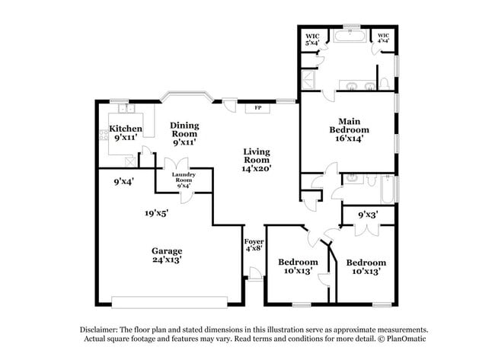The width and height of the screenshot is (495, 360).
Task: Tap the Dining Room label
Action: pos(184,133)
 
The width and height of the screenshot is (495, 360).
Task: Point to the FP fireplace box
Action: pos(258,108)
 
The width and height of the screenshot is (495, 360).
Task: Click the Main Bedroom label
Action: pos(350,129)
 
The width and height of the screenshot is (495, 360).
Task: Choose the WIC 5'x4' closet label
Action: pos(312,40)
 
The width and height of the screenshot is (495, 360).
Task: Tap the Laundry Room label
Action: pos(184,180)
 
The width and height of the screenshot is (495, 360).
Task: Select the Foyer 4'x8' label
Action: pos(254,245)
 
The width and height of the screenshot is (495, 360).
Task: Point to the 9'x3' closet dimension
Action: pos(368,215)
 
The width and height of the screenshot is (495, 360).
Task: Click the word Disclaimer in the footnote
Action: pos(104,329)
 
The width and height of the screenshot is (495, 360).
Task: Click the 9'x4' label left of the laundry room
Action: pos(124,182)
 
